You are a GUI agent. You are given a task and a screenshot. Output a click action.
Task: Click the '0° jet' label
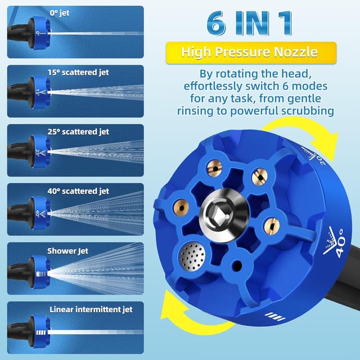60,13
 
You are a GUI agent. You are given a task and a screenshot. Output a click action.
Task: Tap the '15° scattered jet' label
78,73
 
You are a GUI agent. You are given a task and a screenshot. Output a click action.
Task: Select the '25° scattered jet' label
78,132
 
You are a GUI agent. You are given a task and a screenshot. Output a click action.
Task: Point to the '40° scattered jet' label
78,191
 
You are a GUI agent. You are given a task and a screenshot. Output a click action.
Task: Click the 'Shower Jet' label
67,251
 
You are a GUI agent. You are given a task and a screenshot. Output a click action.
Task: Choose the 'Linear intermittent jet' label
91,309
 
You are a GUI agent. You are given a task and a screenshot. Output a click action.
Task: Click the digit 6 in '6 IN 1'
216,24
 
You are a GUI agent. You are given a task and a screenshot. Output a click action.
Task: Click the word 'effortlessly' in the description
213,86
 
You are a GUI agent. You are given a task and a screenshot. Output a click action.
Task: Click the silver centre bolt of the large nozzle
224,215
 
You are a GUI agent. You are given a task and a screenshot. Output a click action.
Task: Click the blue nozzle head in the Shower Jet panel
41,272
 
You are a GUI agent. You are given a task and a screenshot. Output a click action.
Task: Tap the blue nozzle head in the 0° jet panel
41,34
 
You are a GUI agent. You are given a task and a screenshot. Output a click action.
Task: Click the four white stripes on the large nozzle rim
275,316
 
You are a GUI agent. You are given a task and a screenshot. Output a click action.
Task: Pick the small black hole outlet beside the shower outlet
237,265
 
